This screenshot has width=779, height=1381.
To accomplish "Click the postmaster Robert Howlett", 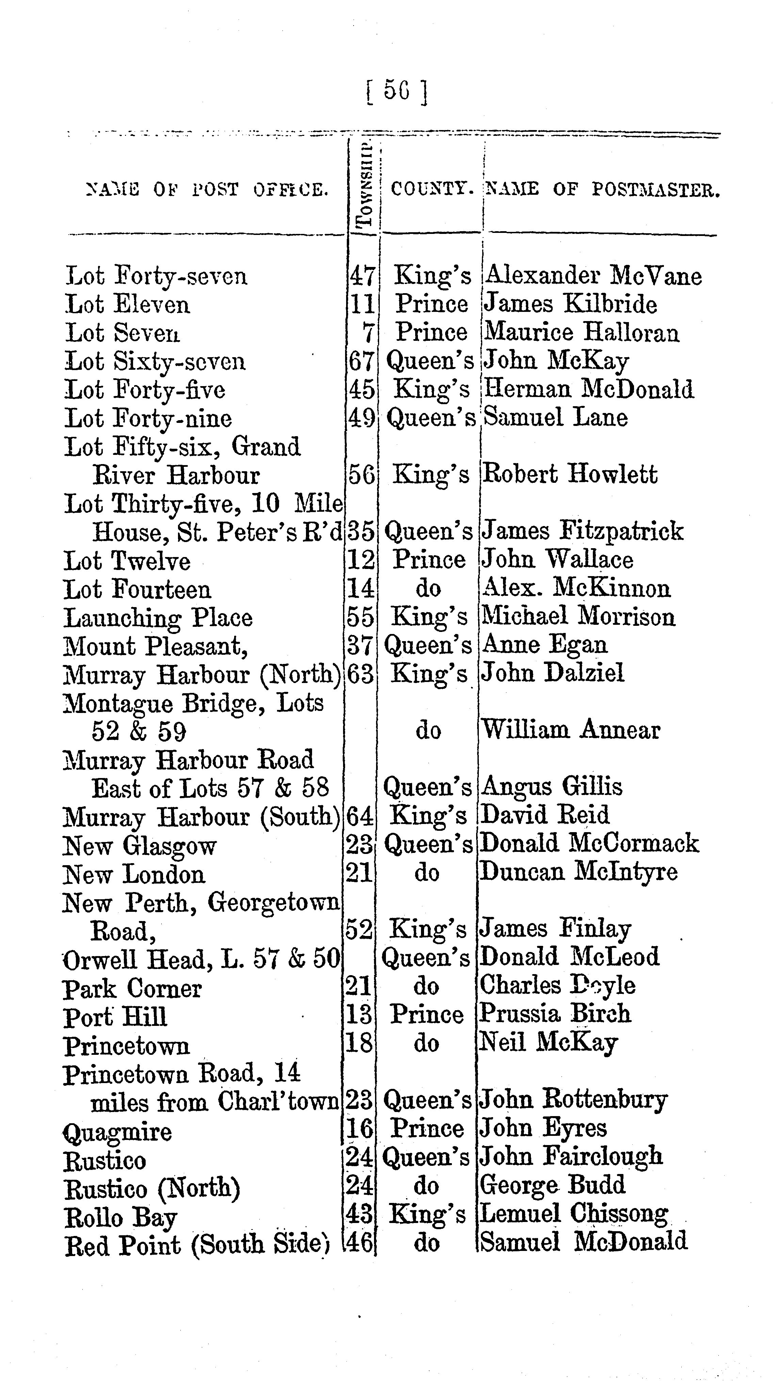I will [x=569, y=474].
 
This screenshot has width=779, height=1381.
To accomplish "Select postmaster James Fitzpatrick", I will [x=582, y=531].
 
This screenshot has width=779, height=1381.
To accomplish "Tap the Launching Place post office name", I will [x=158, y=618].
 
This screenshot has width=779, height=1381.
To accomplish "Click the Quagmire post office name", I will [x=117, y=1131].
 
